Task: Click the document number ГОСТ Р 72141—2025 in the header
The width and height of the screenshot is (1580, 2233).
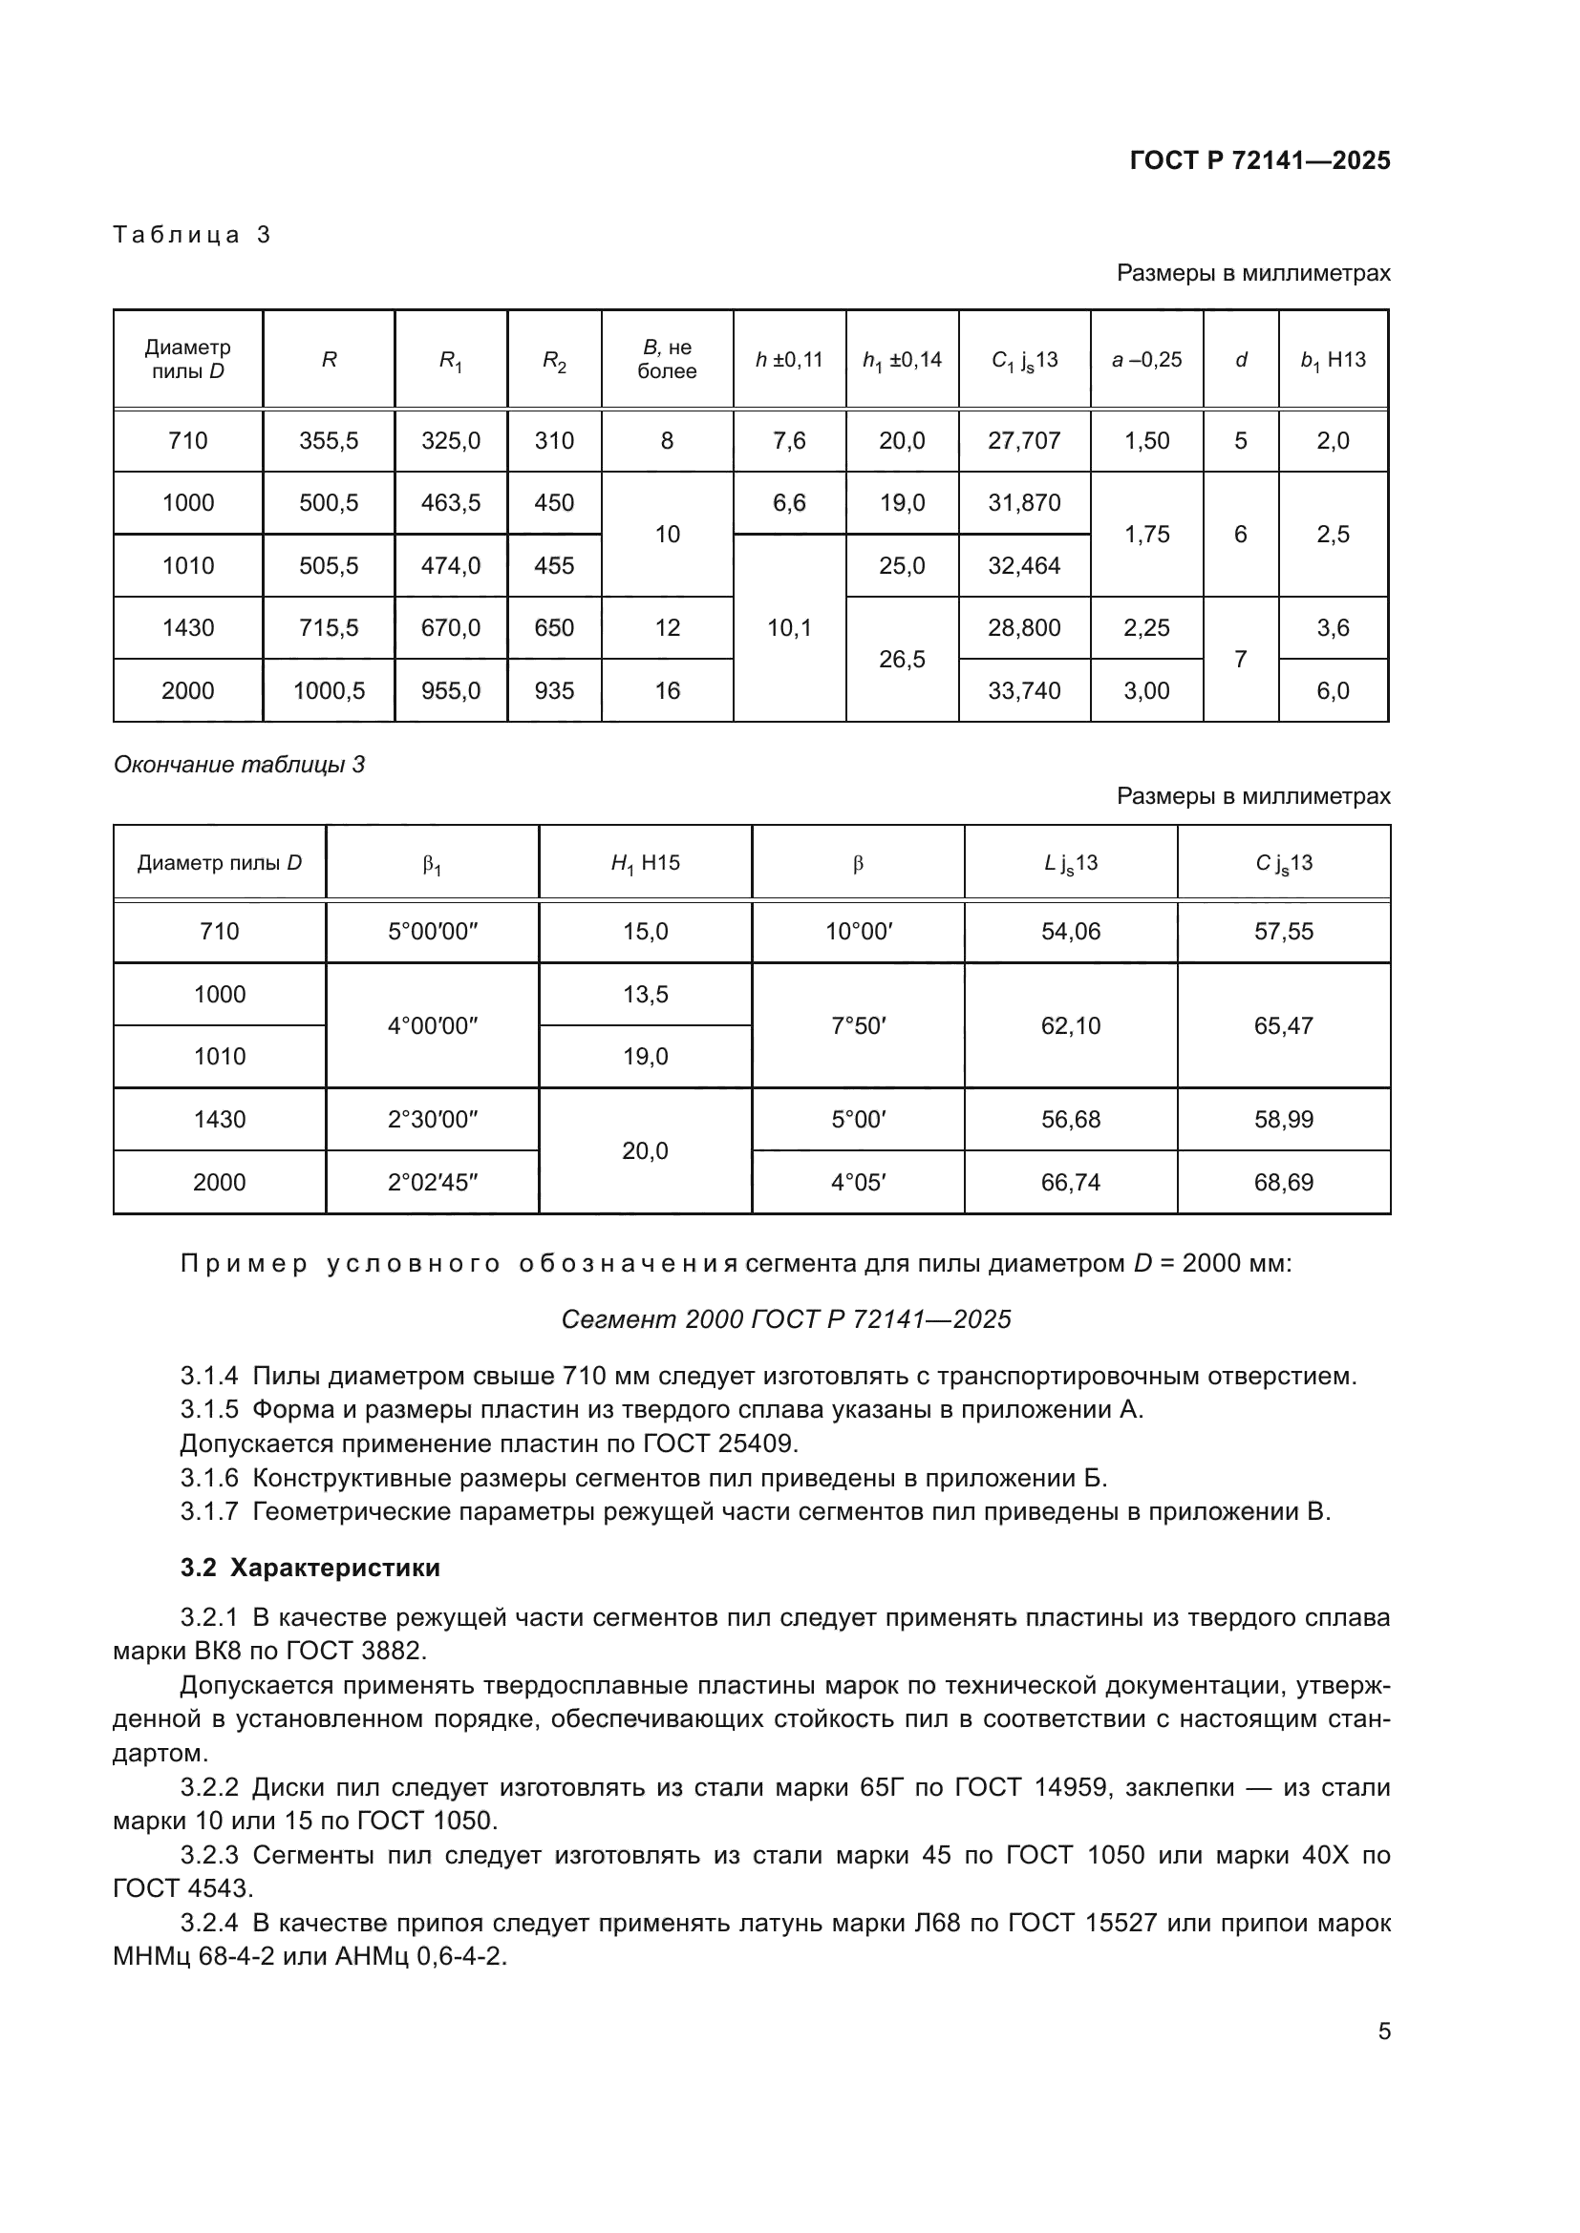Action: click(1259, 160)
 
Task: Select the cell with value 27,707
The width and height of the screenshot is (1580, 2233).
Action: click(1023, 440)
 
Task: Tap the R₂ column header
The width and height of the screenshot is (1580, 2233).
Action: click(554, 361)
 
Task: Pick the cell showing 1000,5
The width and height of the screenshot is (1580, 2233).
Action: click(329, 690)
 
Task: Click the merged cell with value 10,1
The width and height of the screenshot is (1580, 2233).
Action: click(789, 628)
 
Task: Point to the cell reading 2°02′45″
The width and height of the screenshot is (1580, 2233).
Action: click(432, 1183)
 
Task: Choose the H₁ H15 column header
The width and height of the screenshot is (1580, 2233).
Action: click(645, 863)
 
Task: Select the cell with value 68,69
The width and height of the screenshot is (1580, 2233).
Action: click(1283, 1183)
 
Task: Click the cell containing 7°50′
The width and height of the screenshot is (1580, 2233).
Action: click(857, 1026)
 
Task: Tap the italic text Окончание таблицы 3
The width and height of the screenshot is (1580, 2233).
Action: click(240, 765)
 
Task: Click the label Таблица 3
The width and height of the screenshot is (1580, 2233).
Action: click(192, 235)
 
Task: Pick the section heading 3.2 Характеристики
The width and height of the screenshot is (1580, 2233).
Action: click(310, 1568)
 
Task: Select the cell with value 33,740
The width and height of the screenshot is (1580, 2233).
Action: click(1023, 690)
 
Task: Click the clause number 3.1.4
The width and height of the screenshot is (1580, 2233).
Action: click(209, 1377)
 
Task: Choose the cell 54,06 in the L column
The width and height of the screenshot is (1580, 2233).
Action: click(1070, 932)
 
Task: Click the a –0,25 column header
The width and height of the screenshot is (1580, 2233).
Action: click(1146, 360)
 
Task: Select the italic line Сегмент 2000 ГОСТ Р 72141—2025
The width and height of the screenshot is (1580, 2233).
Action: click(786, 1318)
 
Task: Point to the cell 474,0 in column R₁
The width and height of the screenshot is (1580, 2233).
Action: click(451, 566)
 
